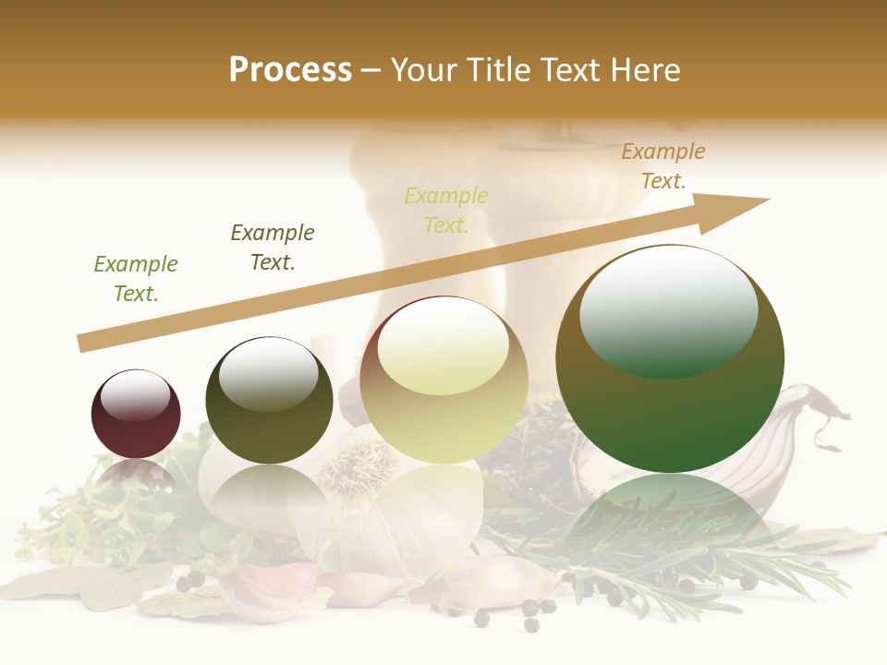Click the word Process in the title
pos(290,69)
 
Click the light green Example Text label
pos(136,278)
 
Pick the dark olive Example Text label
pos(273,247)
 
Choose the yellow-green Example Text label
pos(446,210)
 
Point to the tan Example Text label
pos(662,166)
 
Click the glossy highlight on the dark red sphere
pos(135,395)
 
